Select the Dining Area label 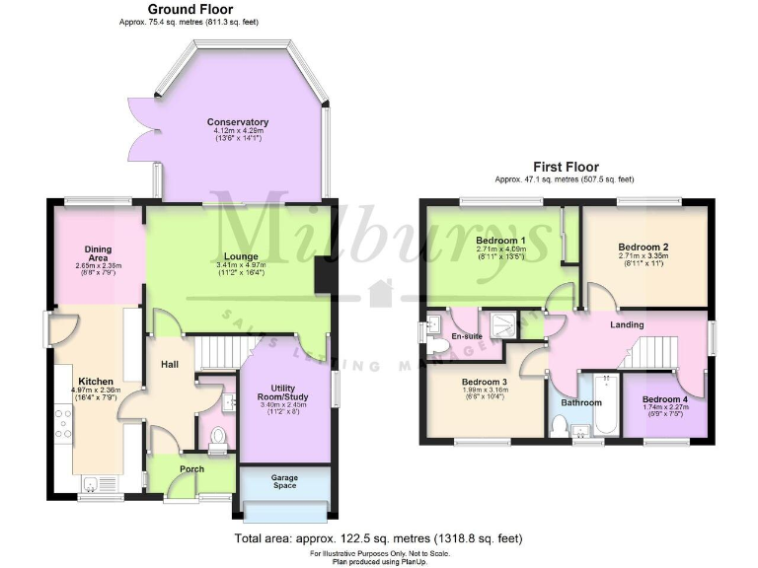[x=97, y=253]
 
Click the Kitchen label [x=96, y=381]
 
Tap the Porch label [x=190, y=468]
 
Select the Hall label [x=170, y=365]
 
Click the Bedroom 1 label [x=500, y=241]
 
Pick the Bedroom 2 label [x=644, y=247]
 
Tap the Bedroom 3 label [x=485, y=382]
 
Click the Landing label [x=627, y=324]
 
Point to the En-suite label [x=467, y=336]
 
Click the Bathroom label [x=581, y=402]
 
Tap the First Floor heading [x=565, y=167]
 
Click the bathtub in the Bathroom [x=604, y=406]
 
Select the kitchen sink [x=96, y=482]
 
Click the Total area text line [x=377, y=538]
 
